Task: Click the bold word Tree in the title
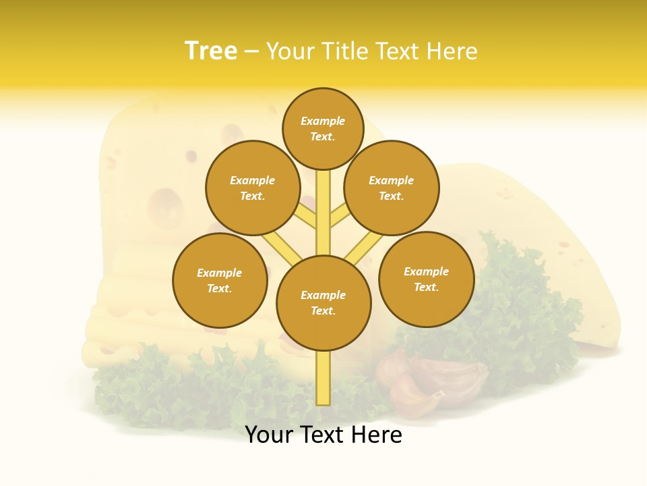(211, 51)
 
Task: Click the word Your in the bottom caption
(270, 435)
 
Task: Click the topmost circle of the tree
(323, 128)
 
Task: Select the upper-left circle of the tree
(252, 188)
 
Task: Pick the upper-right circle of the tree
(391, 188)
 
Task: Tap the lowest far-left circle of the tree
(220, 280)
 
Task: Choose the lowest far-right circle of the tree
(426, 279)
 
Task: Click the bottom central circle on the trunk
(323, 303)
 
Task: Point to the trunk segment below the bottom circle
(323, 378)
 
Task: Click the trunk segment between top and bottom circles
(323, 213)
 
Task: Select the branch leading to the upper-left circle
(307, 214)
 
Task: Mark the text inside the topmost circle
(323, 128)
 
